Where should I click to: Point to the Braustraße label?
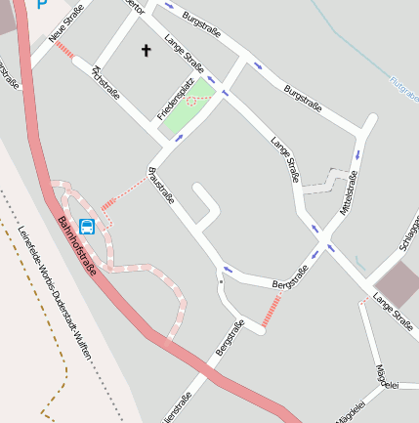coord(161,185)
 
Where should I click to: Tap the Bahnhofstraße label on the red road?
coord(77,245)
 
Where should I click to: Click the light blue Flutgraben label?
coord(403,90)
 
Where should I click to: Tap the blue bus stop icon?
coord(87,228)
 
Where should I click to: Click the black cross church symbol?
coord(147,49)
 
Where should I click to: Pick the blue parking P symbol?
coord(41,4)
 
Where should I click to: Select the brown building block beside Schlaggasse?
coord(397,282)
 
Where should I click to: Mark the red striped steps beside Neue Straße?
coord(64,48)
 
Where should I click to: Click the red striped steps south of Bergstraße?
coord(272,311)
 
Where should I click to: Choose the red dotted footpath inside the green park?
coord(195,102)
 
